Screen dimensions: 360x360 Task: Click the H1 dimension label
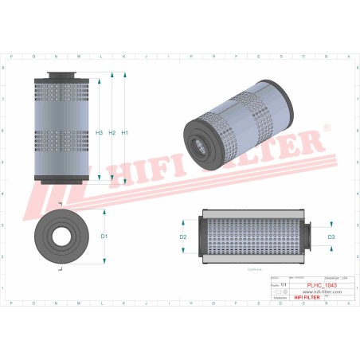(125, 132)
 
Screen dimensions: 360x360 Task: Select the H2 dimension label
(112, 132)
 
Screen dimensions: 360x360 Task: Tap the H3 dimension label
(100, 132)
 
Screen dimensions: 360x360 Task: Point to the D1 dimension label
(104, 237)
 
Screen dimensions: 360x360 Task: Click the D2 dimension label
(183, 237)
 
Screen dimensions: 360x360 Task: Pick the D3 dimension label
(331, 237)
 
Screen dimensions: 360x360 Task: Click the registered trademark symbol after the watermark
(327, 127)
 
